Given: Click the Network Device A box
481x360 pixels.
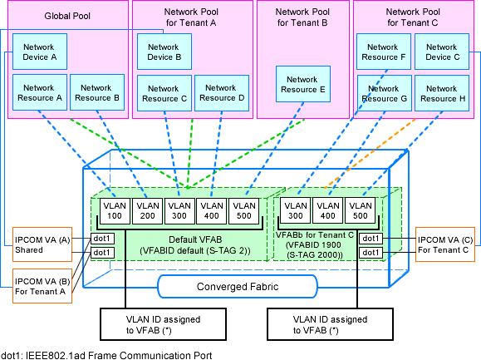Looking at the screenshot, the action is click(x=40, y=52).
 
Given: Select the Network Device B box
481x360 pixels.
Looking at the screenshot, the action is click(x=164, y=52).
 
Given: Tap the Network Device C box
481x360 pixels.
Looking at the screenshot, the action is click(x=442, y=52).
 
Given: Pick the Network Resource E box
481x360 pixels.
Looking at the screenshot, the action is click(x=303, y=84).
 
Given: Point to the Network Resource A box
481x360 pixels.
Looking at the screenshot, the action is click(x=40, y=92).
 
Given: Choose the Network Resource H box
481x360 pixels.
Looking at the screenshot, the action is click(x=442, y=93).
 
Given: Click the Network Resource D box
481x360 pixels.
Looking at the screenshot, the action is click(x=222, y=93).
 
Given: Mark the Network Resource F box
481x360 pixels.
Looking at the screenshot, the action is click(x=384, y=52).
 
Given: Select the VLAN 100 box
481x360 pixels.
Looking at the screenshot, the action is click(x=115, y=210).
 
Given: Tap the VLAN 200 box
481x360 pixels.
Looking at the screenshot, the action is click(x=148, y=210).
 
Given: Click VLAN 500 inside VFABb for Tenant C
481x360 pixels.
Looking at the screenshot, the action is click(x=361, y=210).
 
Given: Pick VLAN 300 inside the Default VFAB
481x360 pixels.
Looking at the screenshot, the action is click(x=179, y=210).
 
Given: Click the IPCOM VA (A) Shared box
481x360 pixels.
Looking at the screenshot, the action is click(x=42, y=244).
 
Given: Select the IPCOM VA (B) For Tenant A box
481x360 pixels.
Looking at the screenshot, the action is click(x=42, y=286).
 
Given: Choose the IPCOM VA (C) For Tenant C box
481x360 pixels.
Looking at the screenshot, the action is click(x=445, y=244).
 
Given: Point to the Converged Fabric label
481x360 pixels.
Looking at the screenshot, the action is click(x=238, y=287).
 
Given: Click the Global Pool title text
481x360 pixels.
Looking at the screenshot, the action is click(x=67, y=16).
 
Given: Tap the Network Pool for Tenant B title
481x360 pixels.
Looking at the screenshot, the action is click(x=302, y=17).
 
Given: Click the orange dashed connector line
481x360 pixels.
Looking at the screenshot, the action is click(x=371, y=153).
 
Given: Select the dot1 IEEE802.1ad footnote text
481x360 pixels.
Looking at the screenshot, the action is click(x=106, y=355).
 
